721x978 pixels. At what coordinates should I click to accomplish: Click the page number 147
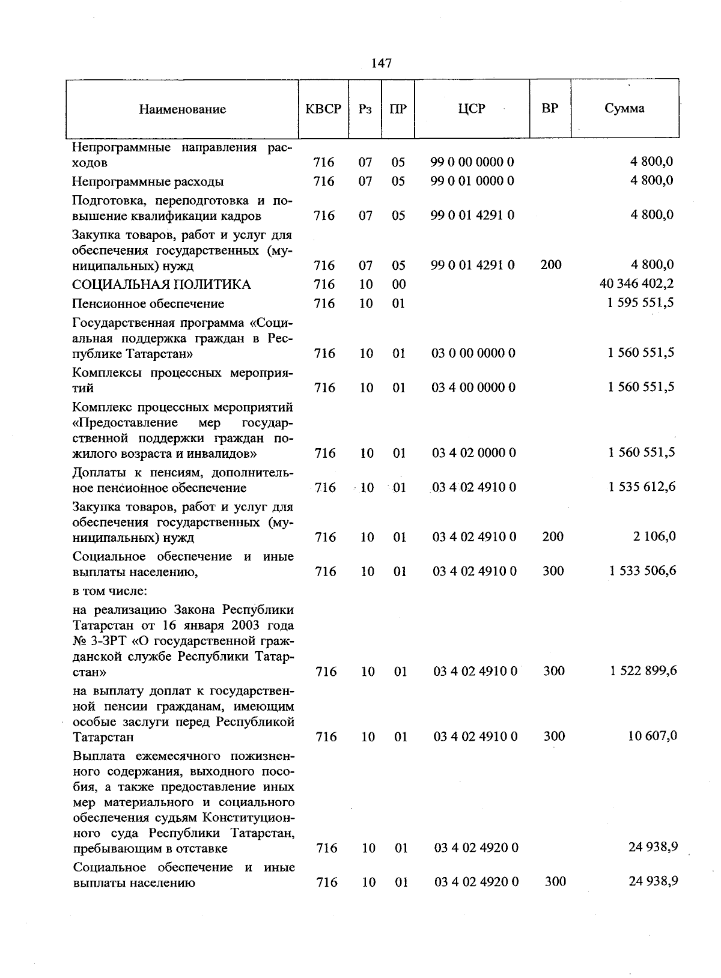(x=382, y=63)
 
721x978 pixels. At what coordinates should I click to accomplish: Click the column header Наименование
(x=183, y=109)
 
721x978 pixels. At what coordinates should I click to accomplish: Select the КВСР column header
(x=323, y=109)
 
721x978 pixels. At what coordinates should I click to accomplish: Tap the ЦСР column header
(x=472, y=109)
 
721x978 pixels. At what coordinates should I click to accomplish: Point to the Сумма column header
(x=625, y=109)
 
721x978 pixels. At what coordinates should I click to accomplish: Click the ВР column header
(x=550, y=108)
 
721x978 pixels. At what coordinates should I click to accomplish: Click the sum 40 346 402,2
(x=637, y=284)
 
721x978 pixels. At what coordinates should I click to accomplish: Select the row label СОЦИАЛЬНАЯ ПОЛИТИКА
(x=162, y=285)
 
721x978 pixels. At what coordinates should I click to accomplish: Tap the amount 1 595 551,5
(x=640, y=303)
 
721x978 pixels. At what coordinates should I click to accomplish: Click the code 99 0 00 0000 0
(x=472, y=162)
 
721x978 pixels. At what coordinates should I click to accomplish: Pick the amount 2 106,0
(x=654, y=536)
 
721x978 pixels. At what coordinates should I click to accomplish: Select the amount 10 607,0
(x=653, y=736)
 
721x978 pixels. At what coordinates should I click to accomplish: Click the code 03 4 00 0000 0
(x=473, y=387)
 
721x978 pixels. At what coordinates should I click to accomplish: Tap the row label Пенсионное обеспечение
(x=148, y=304)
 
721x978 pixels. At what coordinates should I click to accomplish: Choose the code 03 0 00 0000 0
(x=473, y=353)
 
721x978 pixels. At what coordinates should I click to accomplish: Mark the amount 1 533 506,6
(x=642, y=571)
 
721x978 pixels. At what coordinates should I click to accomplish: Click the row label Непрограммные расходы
(x=148, y=181)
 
